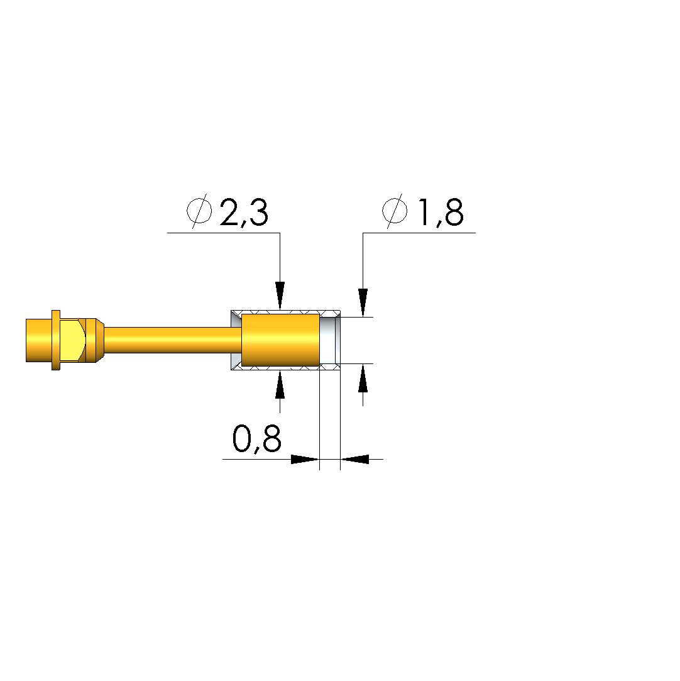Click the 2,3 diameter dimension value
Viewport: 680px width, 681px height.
[244, 213]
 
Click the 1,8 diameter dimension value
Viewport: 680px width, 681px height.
[441, 213]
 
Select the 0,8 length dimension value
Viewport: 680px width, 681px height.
[257, 439]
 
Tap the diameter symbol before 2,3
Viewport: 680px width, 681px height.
[200, 211]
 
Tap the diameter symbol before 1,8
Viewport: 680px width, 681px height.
[395, 211]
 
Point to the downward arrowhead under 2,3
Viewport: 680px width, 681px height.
[280, 296]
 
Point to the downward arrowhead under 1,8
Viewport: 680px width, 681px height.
[363, 302]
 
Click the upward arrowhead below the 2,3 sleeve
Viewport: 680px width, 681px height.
[280, 384]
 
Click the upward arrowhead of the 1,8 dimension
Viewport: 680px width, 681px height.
[363, 379]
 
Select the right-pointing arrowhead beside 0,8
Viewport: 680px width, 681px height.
[305, 459]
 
